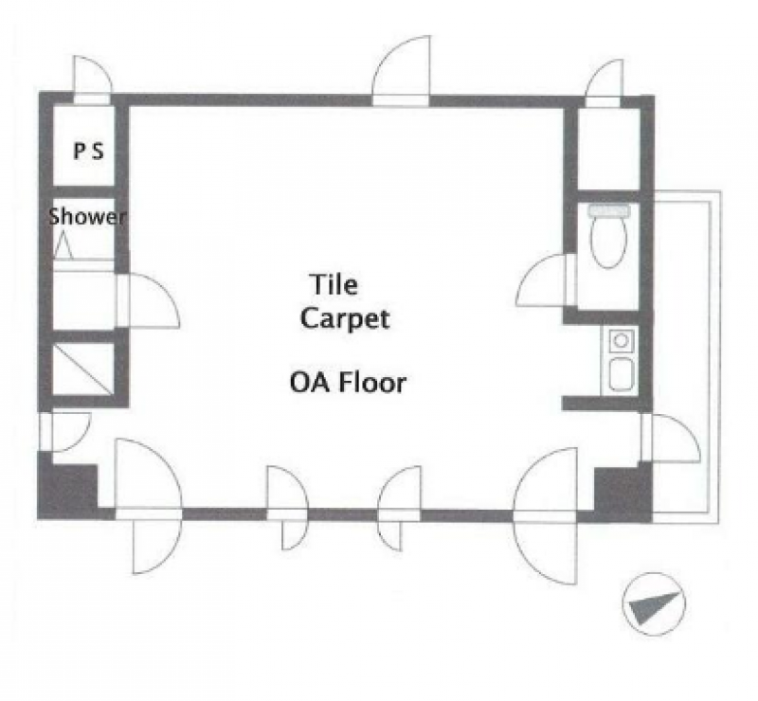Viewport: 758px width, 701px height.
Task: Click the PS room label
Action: pos(88,152)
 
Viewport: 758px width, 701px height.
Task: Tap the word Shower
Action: pos(87,217)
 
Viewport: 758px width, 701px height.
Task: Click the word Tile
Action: pos(334,284)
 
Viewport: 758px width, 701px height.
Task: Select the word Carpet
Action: pos(345,319)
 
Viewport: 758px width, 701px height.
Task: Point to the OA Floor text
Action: pos(348,383)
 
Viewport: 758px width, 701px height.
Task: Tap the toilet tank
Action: pos(609,210)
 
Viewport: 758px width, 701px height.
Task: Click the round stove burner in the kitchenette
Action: pos(621,341)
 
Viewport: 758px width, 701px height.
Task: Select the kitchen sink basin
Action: pos(621,373)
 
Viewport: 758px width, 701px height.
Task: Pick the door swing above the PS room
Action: pos(93,78)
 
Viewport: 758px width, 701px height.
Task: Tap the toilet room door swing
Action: pos(542,279)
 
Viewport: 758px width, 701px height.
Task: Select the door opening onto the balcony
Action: pos(673,438)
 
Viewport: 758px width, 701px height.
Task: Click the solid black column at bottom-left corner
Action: pos(67,489)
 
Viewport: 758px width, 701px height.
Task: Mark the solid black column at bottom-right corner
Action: pos(623,493)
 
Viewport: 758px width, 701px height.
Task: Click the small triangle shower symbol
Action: pos(63,245)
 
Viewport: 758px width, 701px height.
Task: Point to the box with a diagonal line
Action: pos(83,368)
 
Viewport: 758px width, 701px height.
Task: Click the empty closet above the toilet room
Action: pos(609,149)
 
